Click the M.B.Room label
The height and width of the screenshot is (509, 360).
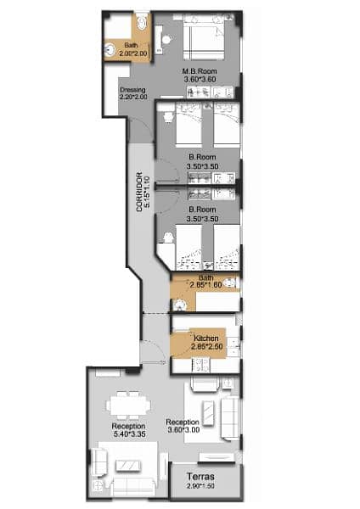(201, 71)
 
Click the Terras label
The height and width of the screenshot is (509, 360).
(202, 478)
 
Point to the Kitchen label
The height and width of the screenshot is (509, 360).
(205, 338)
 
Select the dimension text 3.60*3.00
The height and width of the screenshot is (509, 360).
(183, 430)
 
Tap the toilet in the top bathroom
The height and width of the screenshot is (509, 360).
(141, 20)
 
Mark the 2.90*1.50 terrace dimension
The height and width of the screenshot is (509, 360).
(202, 489)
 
